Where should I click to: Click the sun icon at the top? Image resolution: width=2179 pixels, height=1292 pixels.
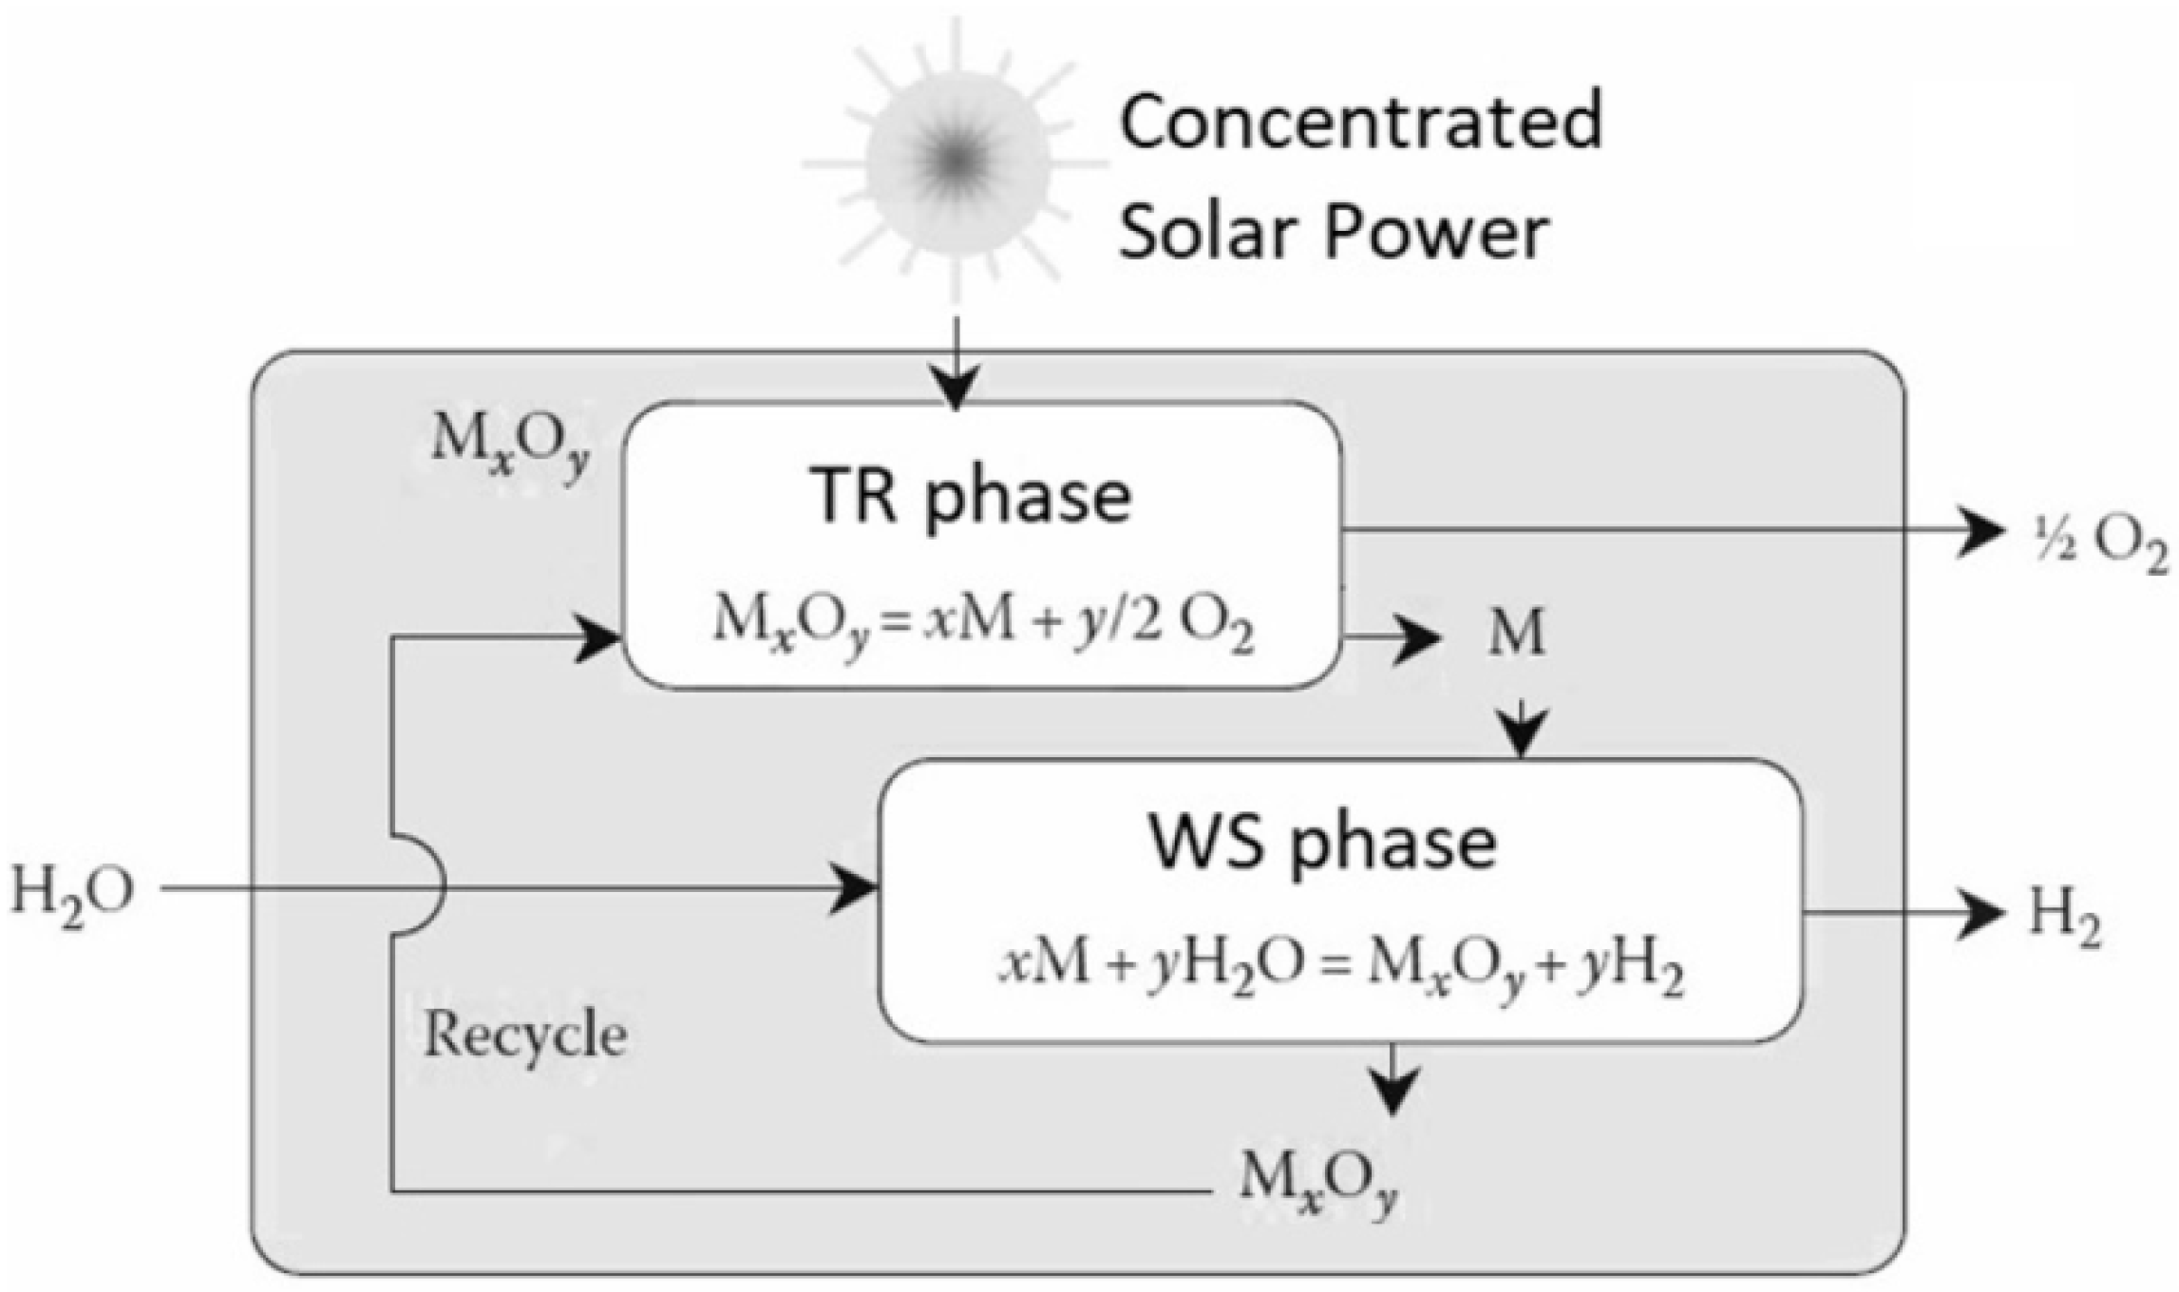(957, 161)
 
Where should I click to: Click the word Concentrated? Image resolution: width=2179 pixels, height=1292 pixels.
(1360, 122)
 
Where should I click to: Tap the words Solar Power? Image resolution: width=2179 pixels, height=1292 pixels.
(1333, 232)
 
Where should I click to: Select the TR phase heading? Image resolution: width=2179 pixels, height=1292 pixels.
(971, 496)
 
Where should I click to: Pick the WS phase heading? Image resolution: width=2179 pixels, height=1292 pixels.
(1322, 842)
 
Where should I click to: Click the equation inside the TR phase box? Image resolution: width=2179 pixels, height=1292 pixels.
(983, 624)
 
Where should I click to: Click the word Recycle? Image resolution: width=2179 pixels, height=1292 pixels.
(524, 1035)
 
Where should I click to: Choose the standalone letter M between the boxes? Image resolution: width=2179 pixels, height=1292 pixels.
(1515, 632)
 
